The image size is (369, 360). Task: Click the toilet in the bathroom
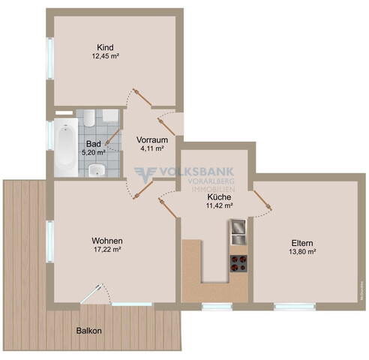pos(88,118)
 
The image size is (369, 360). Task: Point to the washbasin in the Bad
pos(96,172)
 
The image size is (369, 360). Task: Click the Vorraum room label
pos(151,139)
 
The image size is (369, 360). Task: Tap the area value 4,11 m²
pos(151,148)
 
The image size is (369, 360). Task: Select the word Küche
pos(219,196)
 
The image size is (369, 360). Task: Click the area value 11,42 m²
pos(219,205)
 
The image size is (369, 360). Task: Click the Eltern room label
pos(303,243)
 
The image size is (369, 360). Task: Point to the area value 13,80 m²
pos(303,252)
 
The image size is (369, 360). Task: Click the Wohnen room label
pos(107,241)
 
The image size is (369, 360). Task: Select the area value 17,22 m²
pos(107,250)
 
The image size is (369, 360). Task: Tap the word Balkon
pos(89,330)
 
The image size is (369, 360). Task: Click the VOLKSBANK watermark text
pos(194,170)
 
